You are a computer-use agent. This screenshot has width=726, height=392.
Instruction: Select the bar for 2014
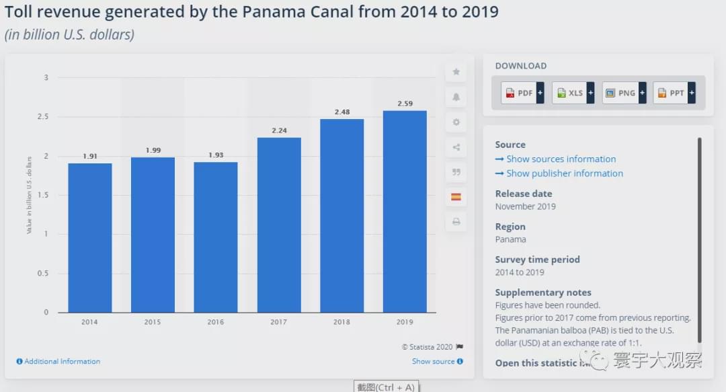point(90,237)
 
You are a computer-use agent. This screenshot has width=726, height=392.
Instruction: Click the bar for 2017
point(279,225)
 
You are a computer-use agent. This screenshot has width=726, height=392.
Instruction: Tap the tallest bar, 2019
point(405,211)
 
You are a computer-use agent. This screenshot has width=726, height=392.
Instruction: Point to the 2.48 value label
point(341,112)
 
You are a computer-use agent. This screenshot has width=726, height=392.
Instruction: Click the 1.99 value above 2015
point(153,151)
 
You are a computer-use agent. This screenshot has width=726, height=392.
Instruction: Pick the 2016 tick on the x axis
point(216,322)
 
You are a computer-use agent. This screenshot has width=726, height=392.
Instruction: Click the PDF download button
point(522,93)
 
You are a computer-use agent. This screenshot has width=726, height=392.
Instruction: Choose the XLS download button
point(573,93)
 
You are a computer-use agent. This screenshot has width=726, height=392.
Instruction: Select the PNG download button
point(624,93)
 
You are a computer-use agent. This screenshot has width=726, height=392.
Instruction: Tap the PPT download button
point(674,93)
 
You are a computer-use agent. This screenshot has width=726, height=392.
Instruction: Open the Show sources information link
point(561,159)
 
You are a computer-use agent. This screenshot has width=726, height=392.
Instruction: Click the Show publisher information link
point(564,173)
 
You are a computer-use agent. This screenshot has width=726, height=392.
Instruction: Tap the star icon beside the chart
point(456,72)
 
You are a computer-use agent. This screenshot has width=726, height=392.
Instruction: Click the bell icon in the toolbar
point(456,97)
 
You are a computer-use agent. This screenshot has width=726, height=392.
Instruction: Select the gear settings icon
point(456,122)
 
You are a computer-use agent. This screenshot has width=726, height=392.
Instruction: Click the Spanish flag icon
point(456,197)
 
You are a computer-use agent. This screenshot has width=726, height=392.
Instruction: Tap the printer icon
point(456,222)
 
